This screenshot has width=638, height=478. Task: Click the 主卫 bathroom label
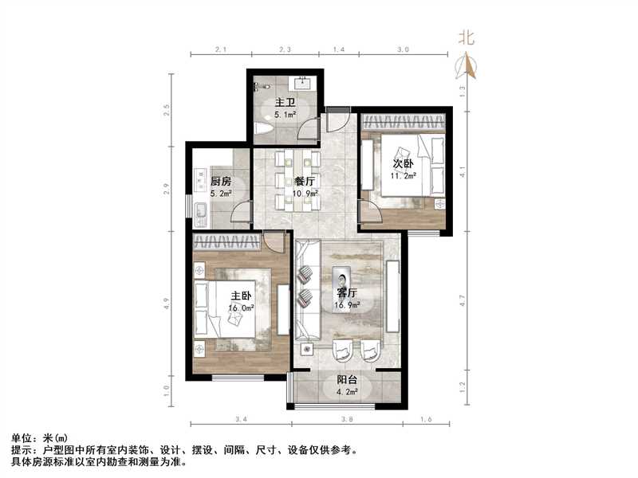[x=286, y=103]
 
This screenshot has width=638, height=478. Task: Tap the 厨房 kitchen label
[x=221, y=180]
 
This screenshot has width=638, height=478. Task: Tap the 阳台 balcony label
[x=347, y=380]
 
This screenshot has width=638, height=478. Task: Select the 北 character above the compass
[x=467, y=37]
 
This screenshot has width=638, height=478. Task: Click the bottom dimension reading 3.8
[x=348, y=418]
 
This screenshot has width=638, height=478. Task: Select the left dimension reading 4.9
[x=167, y=304]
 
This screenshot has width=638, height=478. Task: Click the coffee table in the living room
[x=345, y=286]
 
